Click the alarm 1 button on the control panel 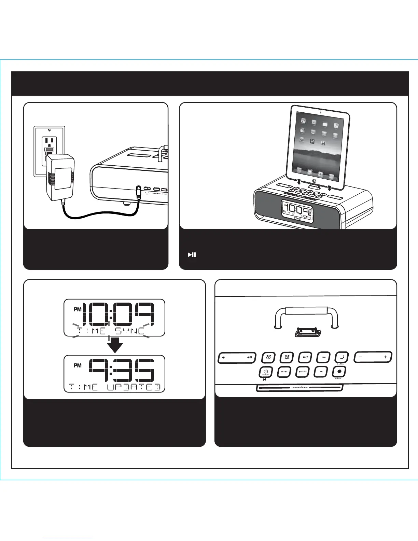click(x=268, y=357)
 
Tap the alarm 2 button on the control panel click(x=287, y=357)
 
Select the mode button click(x=284, y=372)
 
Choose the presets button click(x=303, y=372)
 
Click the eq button click(x=321, y=372)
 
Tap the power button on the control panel click(x=266, y=372)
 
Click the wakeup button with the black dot click(x=339, y=372)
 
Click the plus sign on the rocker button click(x=386, y=357)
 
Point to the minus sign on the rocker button click(x=360, y=357)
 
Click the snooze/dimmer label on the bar click(x=300, y=388)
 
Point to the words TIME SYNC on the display click(x=111, y=331)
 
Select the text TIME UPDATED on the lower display click(x=115, y=387)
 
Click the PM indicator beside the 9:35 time click(x=78, y=365)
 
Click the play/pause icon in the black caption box click(x=192, y=254)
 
